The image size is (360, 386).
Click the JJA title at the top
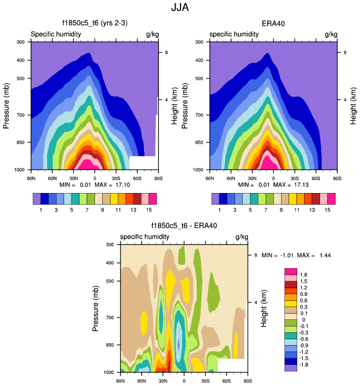180,7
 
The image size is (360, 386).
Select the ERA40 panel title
273,23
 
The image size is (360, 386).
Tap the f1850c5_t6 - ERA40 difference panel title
183,226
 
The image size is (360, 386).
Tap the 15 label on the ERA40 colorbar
327,210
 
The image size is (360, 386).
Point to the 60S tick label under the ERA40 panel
317,178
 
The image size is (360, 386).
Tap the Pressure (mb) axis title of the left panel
7,106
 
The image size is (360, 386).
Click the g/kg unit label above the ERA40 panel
331,34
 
